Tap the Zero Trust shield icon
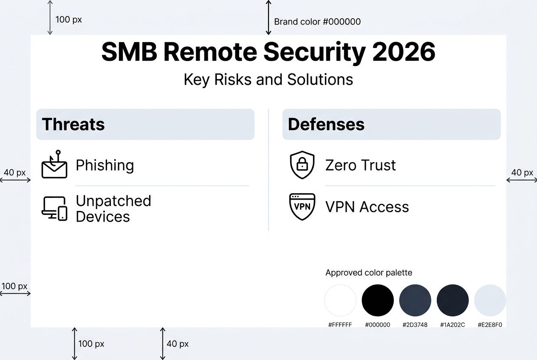[x=302, y=165]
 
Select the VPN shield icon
[x=302, y=206]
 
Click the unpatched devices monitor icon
[x=54, y=208]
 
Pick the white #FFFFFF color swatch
[x=340, y=301]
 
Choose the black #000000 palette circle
[x=378, y=301]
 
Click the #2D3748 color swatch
[x=415, y=301]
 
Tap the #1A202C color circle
[x=452, y=301]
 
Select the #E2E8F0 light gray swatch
[x=490, y=301]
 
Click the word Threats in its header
[x=73, y=124]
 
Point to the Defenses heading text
[x=326, y=124]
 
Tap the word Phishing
[x=105, y=165]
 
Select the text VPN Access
[x=367, y=207]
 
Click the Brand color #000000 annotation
[x=317, y=22]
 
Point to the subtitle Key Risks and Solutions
[x=268, y=79]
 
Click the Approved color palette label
[x=369, y=273]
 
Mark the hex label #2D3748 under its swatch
[x=415, y=325]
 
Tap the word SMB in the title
[x=129, y=52]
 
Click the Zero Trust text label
[x=360, y=165]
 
